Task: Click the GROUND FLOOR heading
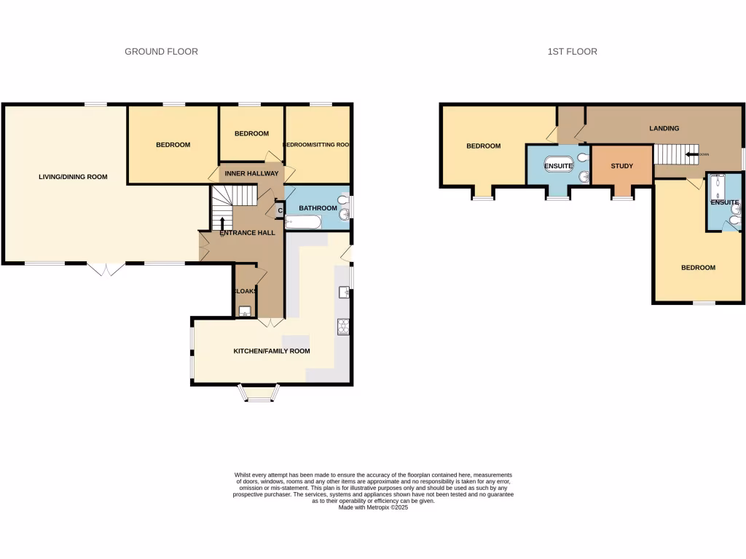point(161,52)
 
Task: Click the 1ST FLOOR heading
point(572,52)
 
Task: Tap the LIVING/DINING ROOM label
point(73,177)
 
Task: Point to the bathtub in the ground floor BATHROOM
point(300,222)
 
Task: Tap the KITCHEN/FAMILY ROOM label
point(271,352)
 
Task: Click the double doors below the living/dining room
point(107,269)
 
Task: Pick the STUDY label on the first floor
point(621,166)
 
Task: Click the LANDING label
point(664,129)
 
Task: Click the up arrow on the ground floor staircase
point(222,223)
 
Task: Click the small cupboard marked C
point(280,211)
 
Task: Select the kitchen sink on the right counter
point(343,293)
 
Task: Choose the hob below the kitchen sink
point(343,327)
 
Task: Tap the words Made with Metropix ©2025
point(373,508)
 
